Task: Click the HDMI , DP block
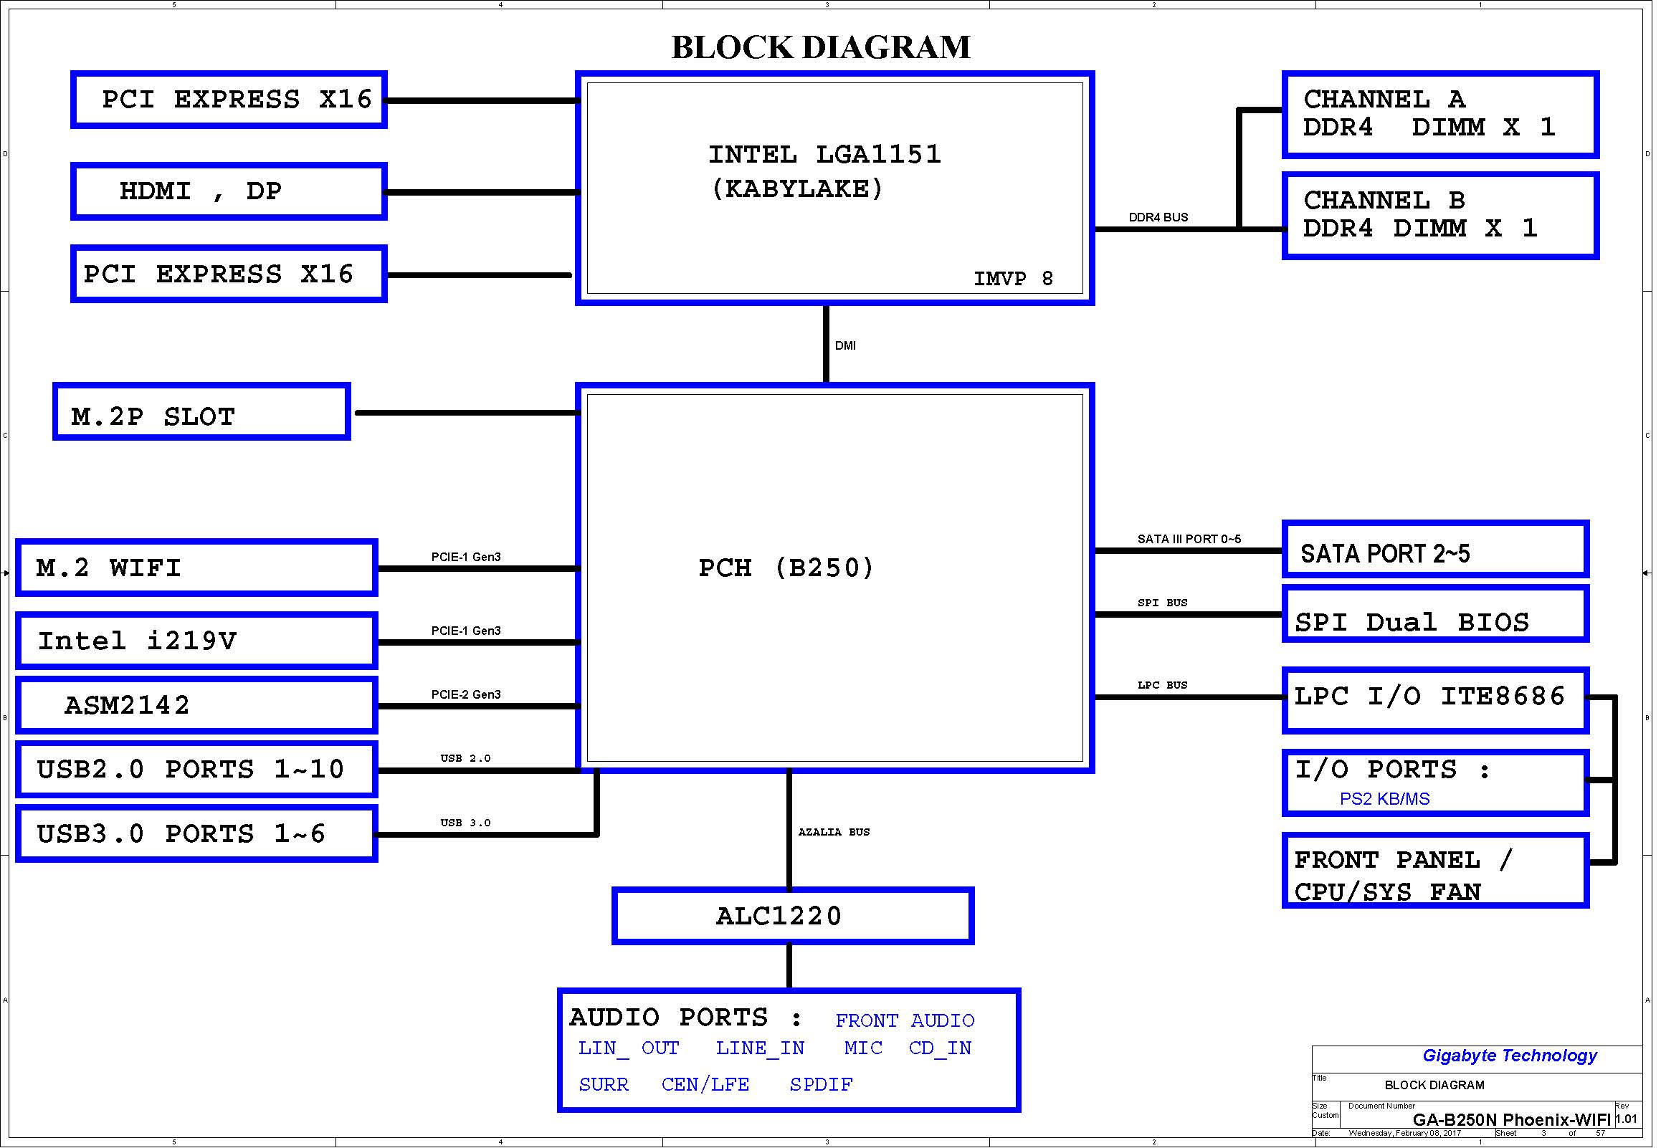[x=229, y=191]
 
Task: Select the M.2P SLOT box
[x=201, y=411]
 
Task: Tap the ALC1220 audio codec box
[x=793, y=916]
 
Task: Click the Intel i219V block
[x=196, y=640]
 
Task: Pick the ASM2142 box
[x=196, y=705]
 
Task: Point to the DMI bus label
[x=845, y=346]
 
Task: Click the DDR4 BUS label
[x=1158, y=217]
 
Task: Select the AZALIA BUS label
[x=834, y=832]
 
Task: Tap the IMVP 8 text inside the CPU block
[x=1013, y=279]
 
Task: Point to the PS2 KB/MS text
[x=1384, y=799]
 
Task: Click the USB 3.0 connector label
[x=465, y=823]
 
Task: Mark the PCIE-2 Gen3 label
[x=465, y=694]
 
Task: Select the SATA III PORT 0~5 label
[x=1189, y=539]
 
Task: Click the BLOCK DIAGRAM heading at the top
[x=821, y=47]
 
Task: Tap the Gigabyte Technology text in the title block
[x=1509, y=1056]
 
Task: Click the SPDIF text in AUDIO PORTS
[x=821, y=1085]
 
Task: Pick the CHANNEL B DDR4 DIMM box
[x=1440, y=215]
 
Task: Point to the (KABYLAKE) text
[x=797, y=189]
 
